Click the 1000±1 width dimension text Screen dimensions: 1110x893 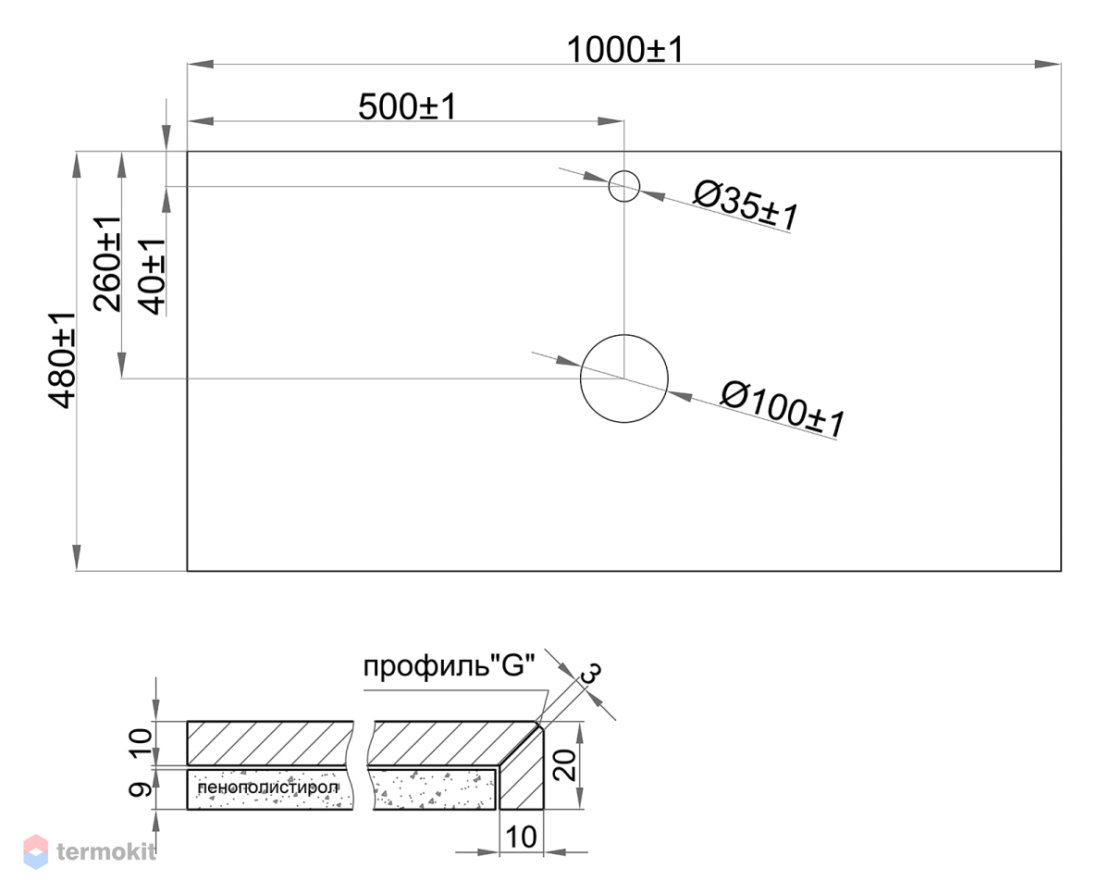point(625,50)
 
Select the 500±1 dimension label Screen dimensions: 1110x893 point(408,107)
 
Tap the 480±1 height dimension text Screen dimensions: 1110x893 point(62,360)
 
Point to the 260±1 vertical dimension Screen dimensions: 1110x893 point(107,265)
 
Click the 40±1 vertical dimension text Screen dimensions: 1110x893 point(153,277)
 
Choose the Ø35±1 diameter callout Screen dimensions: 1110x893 point(746,205)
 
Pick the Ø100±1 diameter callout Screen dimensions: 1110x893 point(783,409)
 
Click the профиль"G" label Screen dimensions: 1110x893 point(450,666)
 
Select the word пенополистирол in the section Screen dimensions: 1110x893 point(267,788)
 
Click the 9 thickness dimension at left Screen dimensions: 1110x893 point(141,789)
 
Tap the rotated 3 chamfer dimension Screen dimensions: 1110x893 point(591,670)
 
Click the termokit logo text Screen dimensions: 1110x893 point(105,851)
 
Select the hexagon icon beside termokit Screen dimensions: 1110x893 point(35,851)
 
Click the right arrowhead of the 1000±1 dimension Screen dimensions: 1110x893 point(1048,65)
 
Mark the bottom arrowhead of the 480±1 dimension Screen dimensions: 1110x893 point(77,557)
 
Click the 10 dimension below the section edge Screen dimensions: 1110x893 point(522,837)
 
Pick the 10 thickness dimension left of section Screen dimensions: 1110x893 point(141,743)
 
